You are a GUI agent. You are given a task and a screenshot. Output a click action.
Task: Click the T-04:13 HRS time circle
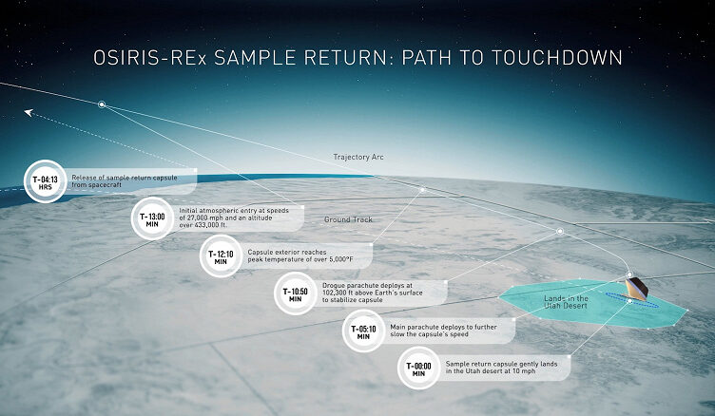tap(45, 181)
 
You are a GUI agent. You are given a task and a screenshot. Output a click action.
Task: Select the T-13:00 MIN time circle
tap(152, 218)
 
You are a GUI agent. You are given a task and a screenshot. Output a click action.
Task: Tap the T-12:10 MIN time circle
tap(221, 256)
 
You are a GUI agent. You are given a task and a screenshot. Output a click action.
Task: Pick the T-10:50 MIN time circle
tap(295, 293)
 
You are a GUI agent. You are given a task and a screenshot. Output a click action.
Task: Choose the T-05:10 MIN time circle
tap(363, 331)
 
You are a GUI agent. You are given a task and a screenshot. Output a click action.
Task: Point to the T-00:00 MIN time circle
tap(418, 368)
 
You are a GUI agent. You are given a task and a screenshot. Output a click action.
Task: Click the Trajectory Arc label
tap(358, 158)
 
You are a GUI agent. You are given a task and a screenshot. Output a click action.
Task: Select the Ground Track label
tap(348, 219)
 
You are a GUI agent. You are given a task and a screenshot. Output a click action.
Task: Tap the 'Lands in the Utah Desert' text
tap(566, 302)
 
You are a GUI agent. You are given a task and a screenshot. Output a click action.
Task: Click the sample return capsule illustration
tap(637, 289)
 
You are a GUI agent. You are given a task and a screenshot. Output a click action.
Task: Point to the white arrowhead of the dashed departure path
tap(29, 112)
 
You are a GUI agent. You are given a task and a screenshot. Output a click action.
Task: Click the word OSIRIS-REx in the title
tap(150, 58)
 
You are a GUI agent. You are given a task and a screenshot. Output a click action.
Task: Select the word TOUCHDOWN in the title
tap(557, 58)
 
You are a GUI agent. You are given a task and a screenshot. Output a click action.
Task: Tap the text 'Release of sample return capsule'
tap(124, 178)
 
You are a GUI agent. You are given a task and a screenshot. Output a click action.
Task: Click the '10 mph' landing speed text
tap(524, 371)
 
